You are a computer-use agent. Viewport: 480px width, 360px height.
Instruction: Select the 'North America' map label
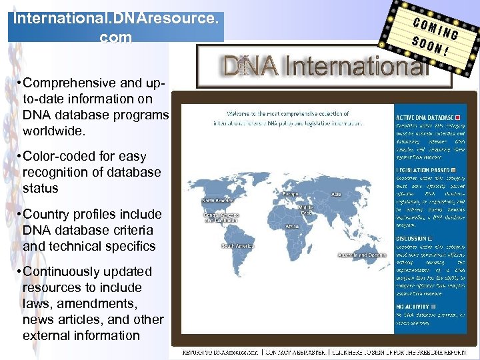(217, 199)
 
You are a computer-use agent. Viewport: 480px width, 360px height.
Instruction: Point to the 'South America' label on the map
(236, 246)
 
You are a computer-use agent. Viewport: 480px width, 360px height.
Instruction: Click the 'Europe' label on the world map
(291, 194)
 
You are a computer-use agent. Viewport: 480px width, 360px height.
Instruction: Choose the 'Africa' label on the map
(293, 226)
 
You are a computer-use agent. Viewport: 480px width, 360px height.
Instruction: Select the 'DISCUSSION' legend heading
(411, 237)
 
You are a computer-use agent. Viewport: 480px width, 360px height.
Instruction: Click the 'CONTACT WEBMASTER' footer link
(293, 351)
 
